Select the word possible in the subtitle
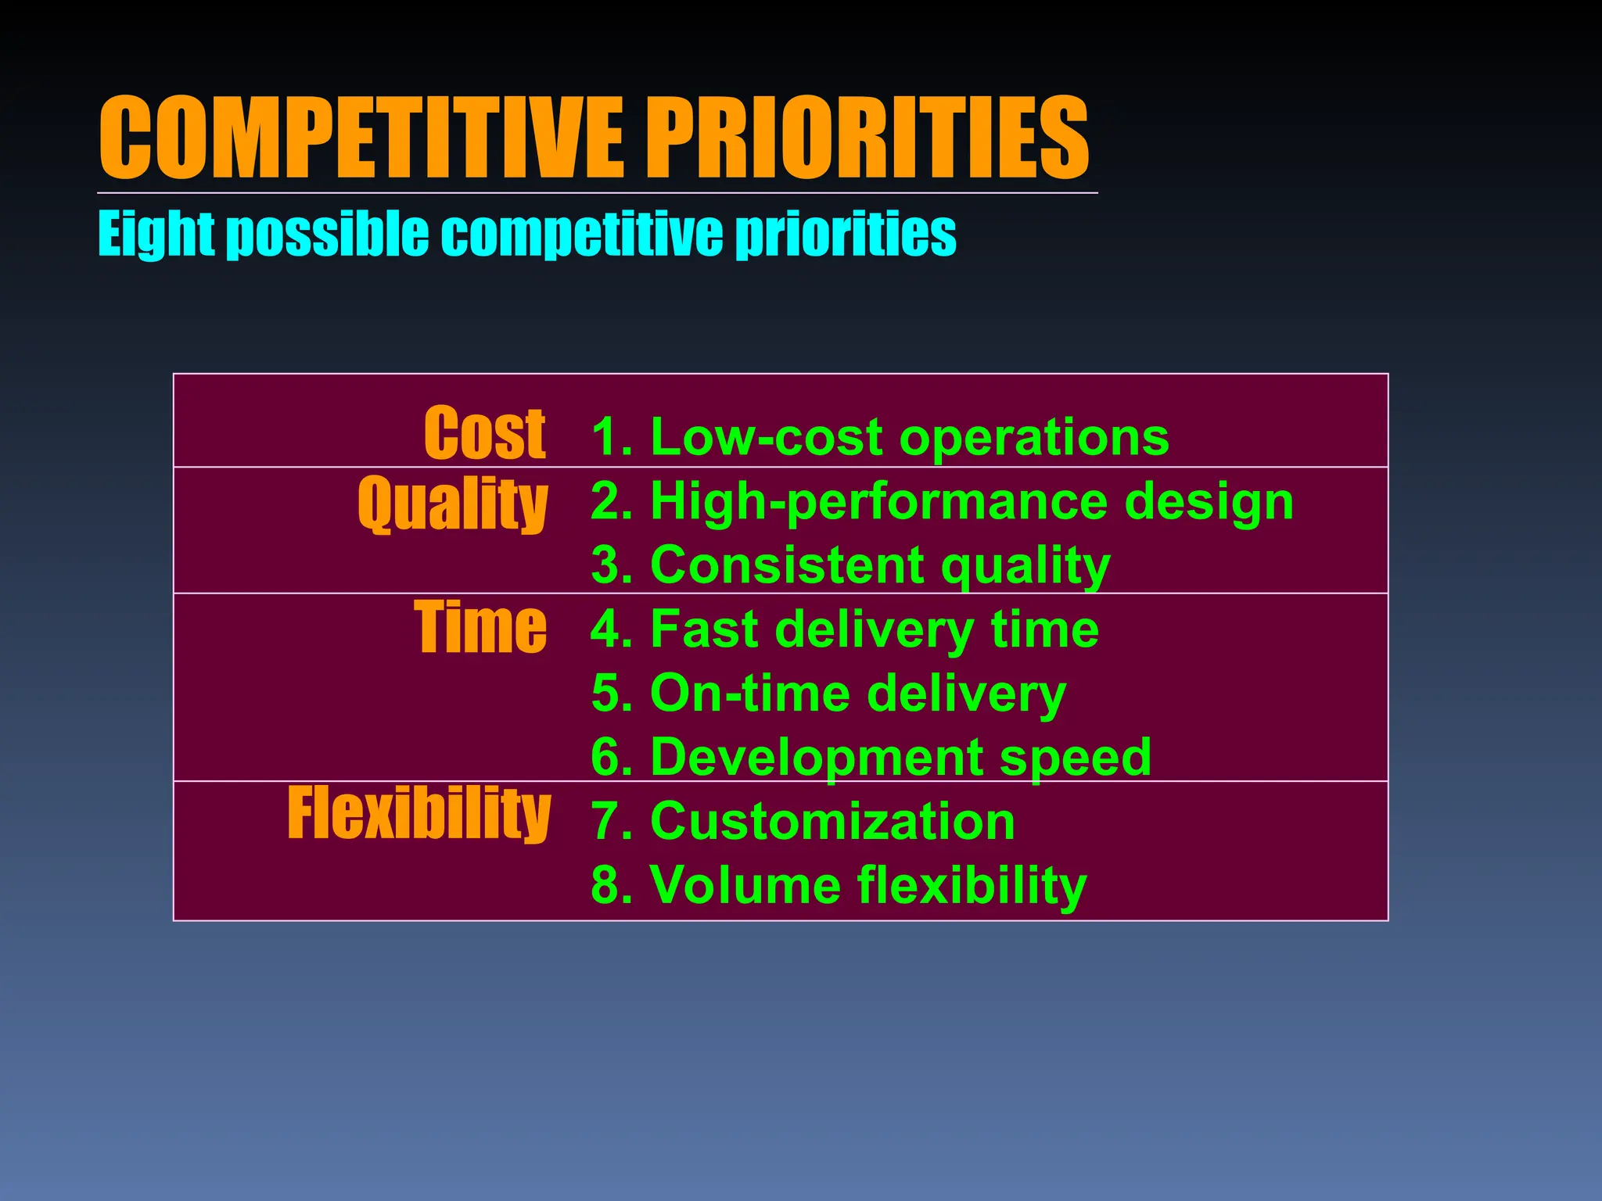(327, 235)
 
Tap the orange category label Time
(480, 627)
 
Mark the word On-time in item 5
(750, 693)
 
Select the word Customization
(832, 821)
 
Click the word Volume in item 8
(745, 885)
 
